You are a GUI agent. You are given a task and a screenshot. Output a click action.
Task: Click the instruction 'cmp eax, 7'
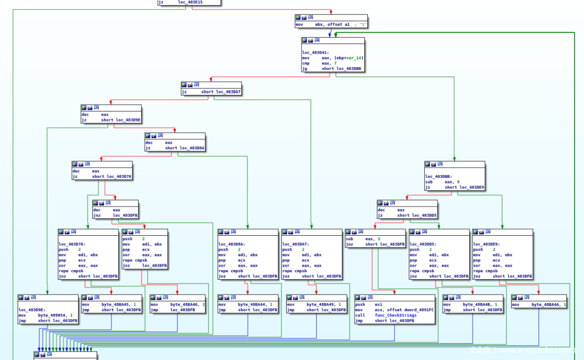pos(319,63)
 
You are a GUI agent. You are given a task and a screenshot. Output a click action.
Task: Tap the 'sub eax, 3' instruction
pos(362,239)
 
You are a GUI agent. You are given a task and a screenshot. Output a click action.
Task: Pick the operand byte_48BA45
pos(115,304)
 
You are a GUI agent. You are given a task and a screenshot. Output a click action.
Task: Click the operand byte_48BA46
pos(184,304)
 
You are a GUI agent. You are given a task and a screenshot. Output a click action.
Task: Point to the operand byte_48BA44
pos(251,304)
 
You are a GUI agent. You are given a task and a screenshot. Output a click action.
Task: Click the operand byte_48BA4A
pos(545,304)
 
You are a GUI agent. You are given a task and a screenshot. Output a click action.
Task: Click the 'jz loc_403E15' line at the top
pos(181,2)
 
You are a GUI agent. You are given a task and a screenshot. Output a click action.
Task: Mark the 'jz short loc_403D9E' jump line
pos(112,120)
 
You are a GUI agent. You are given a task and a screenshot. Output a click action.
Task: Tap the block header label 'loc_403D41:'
pos(316,53)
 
